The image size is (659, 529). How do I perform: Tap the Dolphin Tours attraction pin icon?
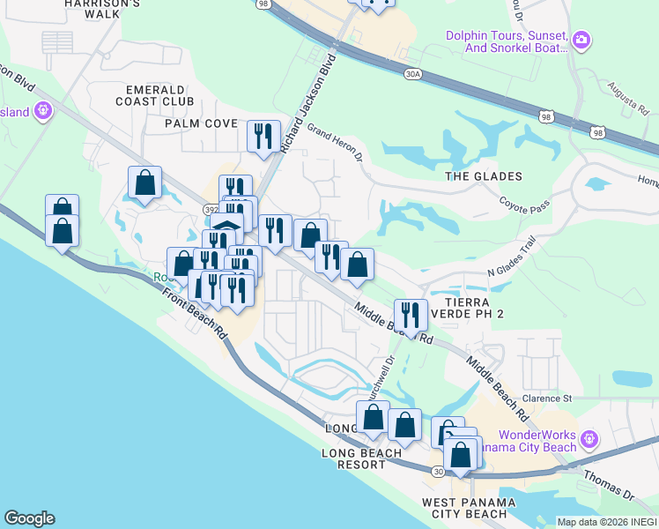(x=581, y=40)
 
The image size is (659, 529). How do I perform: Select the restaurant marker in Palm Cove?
(x=263, y=136)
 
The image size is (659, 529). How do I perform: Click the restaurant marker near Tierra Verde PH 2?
(x=411, y=315)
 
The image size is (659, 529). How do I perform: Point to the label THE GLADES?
(x=484, y=176)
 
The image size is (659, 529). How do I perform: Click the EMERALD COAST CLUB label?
(x=159, y=96)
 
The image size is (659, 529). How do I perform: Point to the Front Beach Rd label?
(x=196, y=309)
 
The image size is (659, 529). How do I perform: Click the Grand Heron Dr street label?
(x=335, y=144)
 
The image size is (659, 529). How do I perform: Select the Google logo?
(x=29, y=518)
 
